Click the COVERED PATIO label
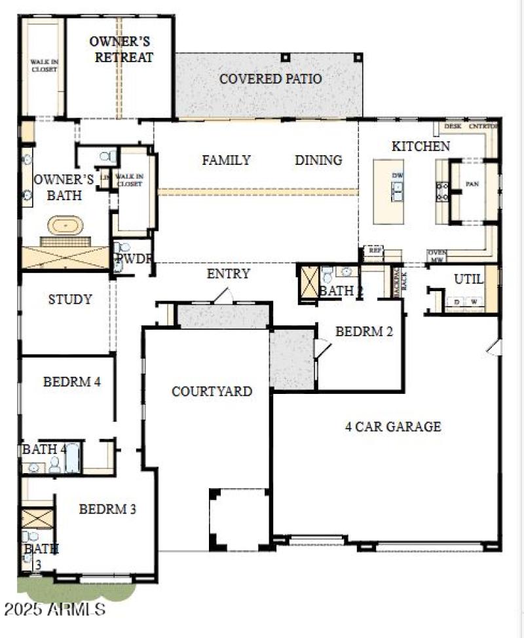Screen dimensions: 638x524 [x=271, y=79]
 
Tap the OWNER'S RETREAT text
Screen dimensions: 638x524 [x=124, y=49]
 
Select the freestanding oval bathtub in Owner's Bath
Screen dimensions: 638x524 [x=65, y=227]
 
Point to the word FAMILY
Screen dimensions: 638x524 [x=226, y=160]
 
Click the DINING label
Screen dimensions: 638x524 [x=318, y=160]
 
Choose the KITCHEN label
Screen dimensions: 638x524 [x=421, y=146]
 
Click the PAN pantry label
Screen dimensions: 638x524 [x=472, y=185]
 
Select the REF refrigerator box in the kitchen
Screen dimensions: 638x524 [x=375, y=251]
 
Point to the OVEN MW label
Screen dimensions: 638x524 [x=437, y=256]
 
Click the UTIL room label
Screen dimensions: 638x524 [x=468, y=279]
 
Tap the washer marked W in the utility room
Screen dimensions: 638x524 [x=473, y=302]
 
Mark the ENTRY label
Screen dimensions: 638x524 [x=228, y=274]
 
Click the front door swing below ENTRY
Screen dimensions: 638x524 [x=223, y=296]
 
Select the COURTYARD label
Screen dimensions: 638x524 [x=212, y=391]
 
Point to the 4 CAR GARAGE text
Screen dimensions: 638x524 [x=393, y=427]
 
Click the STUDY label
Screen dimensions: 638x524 [x=70, y=300]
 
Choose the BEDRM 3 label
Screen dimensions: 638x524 [x=107, y=508]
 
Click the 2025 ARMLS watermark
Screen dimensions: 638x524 [x=54, y=609]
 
